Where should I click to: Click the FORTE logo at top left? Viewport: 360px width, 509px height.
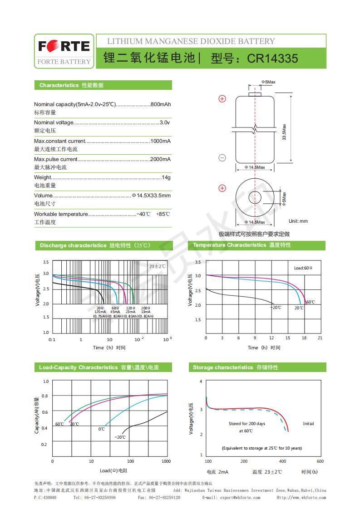pos(64,46)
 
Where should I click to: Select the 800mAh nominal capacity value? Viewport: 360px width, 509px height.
pos(161,104)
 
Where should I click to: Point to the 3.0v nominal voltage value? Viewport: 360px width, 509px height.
pos(165,122)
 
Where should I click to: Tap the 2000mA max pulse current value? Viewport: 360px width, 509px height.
pos(160,159)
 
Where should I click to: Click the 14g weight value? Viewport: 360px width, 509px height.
pos(166,177)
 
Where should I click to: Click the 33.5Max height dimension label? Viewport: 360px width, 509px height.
pos(284,132)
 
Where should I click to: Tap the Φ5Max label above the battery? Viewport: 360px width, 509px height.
pos(268,82)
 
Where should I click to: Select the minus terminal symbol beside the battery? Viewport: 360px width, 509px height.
pos(222,158)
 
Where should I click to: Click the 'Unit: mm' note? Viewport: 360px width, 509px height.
pos(298,221)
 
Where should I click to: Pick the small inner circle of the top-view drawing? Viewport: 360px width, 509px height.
pos(255,198)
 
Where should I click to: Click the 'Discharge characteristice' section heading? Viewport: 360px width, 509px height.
pos(73,245)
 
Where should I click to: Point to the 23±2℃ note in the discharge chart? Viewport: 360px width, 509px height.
pos(157,266)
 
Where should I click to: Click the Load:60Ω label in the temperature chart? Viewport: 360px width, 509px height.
pos(306,268)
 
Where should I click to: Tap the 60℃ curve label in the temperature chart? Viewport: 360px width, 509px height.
pos(311,302)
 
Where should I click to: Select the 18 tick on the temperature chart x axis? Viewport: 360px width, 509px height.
pos(304,338)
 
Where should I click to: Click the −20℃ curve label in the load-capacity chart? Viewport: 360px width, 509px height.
pos(120,437)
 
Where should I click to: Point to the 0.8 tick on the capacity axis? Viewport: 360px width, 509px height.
pos(44,396)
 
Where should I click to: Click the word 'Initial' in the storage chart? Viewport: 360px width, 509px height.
pos(308,424)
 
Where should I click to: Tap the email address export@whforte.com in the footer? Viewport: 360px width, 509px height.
pos(240,497)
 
